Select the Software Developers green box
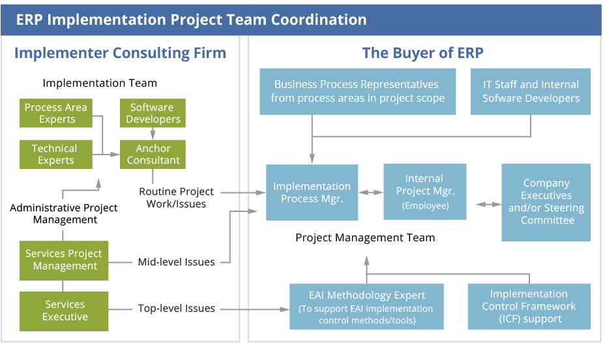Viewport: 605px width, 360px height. click(x=153, y=113)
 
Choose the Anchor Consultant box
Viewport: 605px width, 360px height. click(x=153, y=155)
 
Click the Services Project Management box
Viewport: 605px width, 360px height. click(x=65, y=260)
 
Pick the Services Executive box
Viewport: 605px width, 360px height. click(x=65, y=310)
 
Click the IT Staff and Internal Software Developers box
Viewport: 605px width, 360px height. click(x=531, y=91)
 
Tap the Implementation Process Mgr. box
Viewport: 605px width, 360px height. click(x=312, y=192)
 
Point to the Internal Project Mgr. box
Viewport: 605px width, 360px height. click(x=424, y=192)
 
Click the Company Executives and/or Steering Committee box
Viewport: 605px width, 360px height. click(x=546, y=202)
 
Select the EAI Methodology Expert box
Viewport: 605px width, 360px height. click(x=366, y=307)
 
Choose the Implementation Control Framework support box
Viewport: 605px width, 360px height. click(x=529, y=307)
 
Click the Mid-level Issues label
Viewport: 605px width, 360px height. click(x=176, y=262)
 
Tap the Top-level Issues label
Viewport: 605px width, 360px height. click(x=176, y=308)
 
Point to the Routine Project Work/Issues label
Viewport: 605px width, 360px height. click(x=176, y=198)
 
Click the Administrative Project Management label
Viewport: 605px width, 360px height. click(x=64, y=214)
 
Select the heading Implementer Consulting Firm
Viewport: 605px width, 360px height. click(x=120, y=53)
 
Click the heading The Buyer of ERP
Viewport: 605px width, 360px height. click(x=423, y=53)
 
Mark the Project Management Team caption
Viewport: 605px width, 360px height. click(x=365, y=237)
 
